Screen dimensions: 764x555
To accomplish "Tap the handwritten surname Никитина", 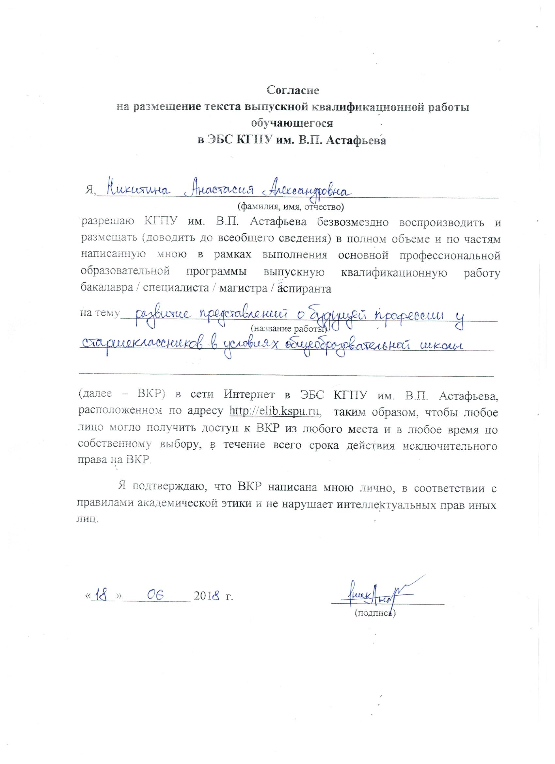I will click(x=138, y=190).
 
